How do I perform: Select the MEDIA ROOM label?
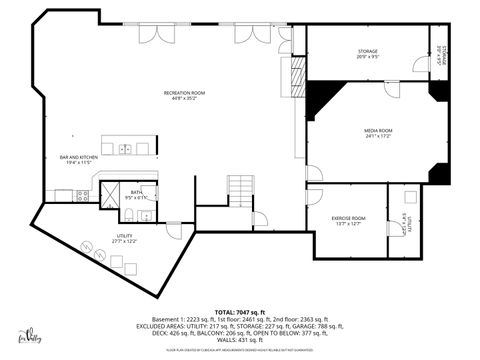coord(377,133)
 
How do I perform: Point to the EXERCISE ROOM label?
coord(348,220)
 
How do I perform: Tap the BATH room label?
coord(135,194)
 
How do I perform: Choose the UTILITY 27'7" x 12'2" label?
coord(125,239)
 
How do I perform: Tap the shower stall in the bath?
coord(108,193)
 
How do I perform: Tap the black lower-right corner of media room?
coord(437,172)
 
